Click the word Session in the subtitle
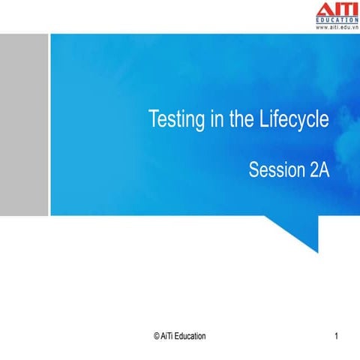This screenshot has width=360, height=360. point(276,170)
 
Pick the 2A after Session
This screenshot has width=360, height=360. point(319,170)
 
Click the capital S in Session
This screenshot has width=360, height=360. point(253,170)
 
